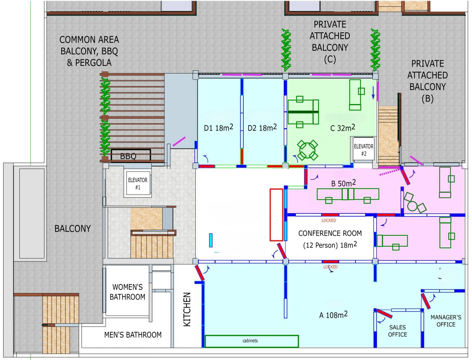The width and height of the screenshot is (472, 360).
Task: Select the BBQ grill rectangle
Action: (131, 155)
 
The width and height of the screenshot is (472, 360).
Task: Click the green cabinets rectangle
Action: (252, 341)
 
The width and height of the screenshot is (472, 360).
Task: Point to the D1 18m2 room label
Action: (219, 128)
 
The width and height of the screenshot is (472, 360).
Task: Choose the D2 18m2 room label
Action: (262, 128)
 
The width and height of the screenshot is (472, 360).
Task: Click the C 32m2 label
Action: (342, 128)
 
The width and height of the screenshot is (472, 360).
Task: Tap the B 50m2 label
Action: (343, 183)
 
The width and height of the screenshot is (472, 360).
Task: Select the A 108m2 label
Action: (333, 315)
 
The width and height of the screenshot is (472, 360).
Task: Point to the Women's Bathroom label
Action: (127, 292)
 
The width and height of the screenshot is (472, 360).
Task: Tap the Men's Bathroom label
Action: (133, 335)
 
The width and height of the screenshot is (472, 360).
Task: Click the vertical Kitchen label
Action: (187, 309)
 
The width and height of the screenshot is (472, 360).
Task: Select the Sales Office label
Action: (397, 331)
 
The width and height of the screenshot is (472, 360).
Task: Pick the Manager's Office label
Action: (446, 321)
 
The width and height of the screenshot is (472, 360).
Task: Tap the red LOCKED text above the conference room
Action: (329, 220)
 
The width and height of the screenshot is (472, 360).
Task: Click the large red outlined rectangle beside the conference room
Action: (276, 215)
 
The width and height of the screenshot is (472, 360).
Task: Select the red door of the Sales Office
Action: (385, 314)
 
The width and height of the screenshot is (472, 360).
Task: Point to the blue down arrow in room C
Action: (373, 93)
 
